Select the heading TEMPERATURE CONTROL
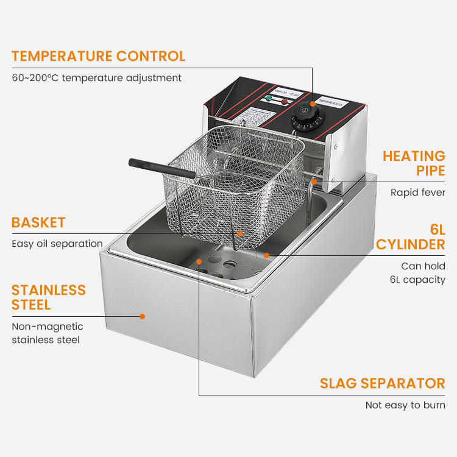click(x=98, y=57)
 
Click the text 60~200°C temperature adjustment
click(x=96, y=78)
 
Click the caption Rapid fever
click(x=418, y=193)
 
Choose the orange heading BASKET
click(x=38, y=222)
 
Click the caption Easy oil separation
click(x=57, y=244)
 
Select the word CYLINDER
click(x=410, y=245)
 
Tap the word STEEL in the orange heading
click(x=31, y=305)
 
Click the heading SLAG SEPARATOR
click(x=383, y=383)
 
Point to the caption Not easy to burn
click(x=405, y=405)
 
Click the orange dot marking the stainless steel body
click(x=142, y=316)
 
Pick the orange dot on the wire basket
click(x=240, y=233)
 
